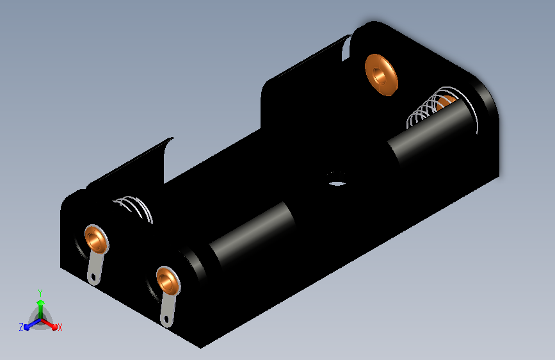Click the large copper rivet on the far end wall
click(x=382, y=75)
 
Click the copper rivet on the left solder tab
click(x=96, y=239)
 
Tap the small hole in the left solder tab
click(x=93, y=277)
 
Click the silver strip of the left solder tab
click(x=95, y=268)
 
